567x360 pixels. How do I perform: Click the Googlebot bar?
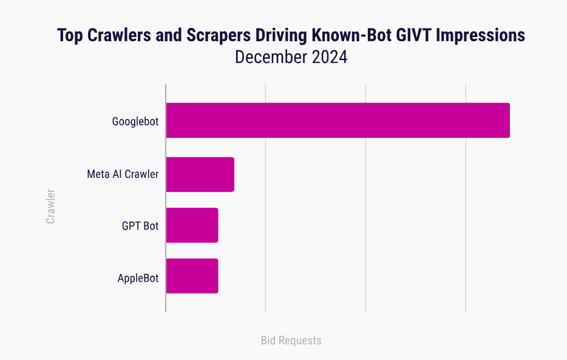(338, 120)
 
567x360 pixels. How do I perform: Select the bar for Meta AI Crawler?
(200, 174)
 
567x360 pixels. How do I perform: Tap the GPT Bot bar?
(192, 225)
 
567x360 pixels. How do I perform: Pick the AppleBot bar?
(192, 276)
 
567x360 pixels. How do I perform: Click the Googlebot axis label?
(135, 121)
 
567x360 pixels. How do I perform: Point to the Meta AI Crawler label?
(123, 174)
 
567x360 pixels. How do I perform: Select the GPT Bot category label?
(140, 226)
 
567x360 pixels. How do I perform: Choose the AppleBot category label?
(138, 279)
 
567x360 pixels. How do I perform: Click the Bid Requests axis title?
(291, 341)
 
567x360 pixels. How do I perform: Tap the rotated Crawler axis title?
(50, 206)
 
